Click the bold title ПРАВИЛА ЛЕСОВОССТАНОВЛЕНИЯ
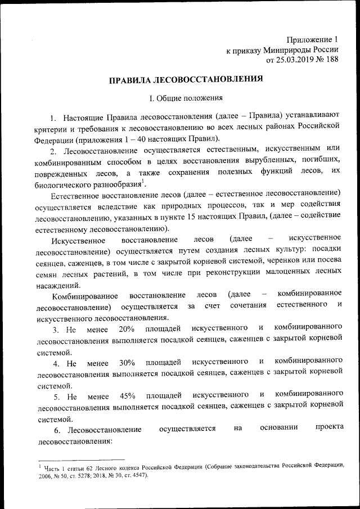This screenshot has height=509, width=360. tap(186, 79)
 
